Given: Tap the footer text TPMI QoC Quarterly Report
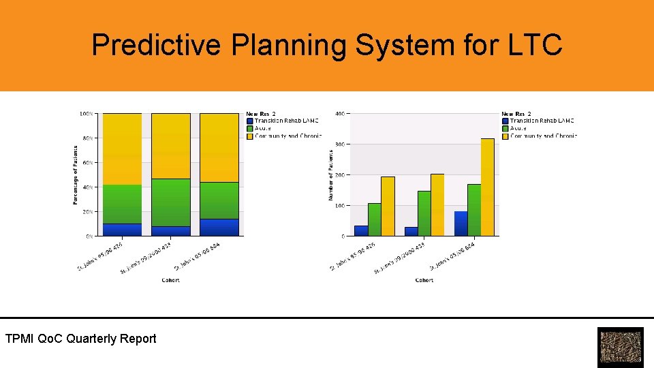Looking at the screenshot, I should pos(80,339).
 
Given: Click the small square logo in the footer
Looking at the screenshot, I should pos(620,348).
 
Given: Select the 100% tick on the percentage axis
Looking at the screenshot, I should pos(87,114).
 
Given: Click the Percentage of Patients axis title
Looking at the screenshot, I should pos(75,174).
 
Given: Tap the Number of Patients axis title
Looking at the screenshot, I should pos(331,175).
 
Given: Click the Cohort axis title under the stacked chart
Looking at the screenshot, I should pos(171,280).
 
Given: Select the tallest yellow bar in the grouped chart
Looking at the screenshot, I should pos(486,187).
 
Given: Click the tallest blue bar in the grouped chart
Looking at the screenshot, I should pos(461,224).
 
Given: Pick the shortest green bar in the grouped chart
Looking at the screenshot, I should pos(375,219).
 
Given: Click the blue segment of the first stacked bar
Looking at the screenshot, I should pos(122,230).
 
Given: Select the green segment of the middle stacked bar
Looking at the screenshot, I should pos(171,202).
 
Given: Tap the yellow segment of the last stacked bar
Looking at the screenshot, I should pos(219,147).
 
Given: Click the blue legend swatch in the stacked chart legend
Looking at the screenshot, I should pos(250,121).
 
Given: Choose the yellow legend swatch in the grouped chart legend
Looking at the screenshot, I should pos(505,136).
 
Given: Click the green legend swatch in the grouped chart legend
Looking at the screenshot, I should pos(505,128).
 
